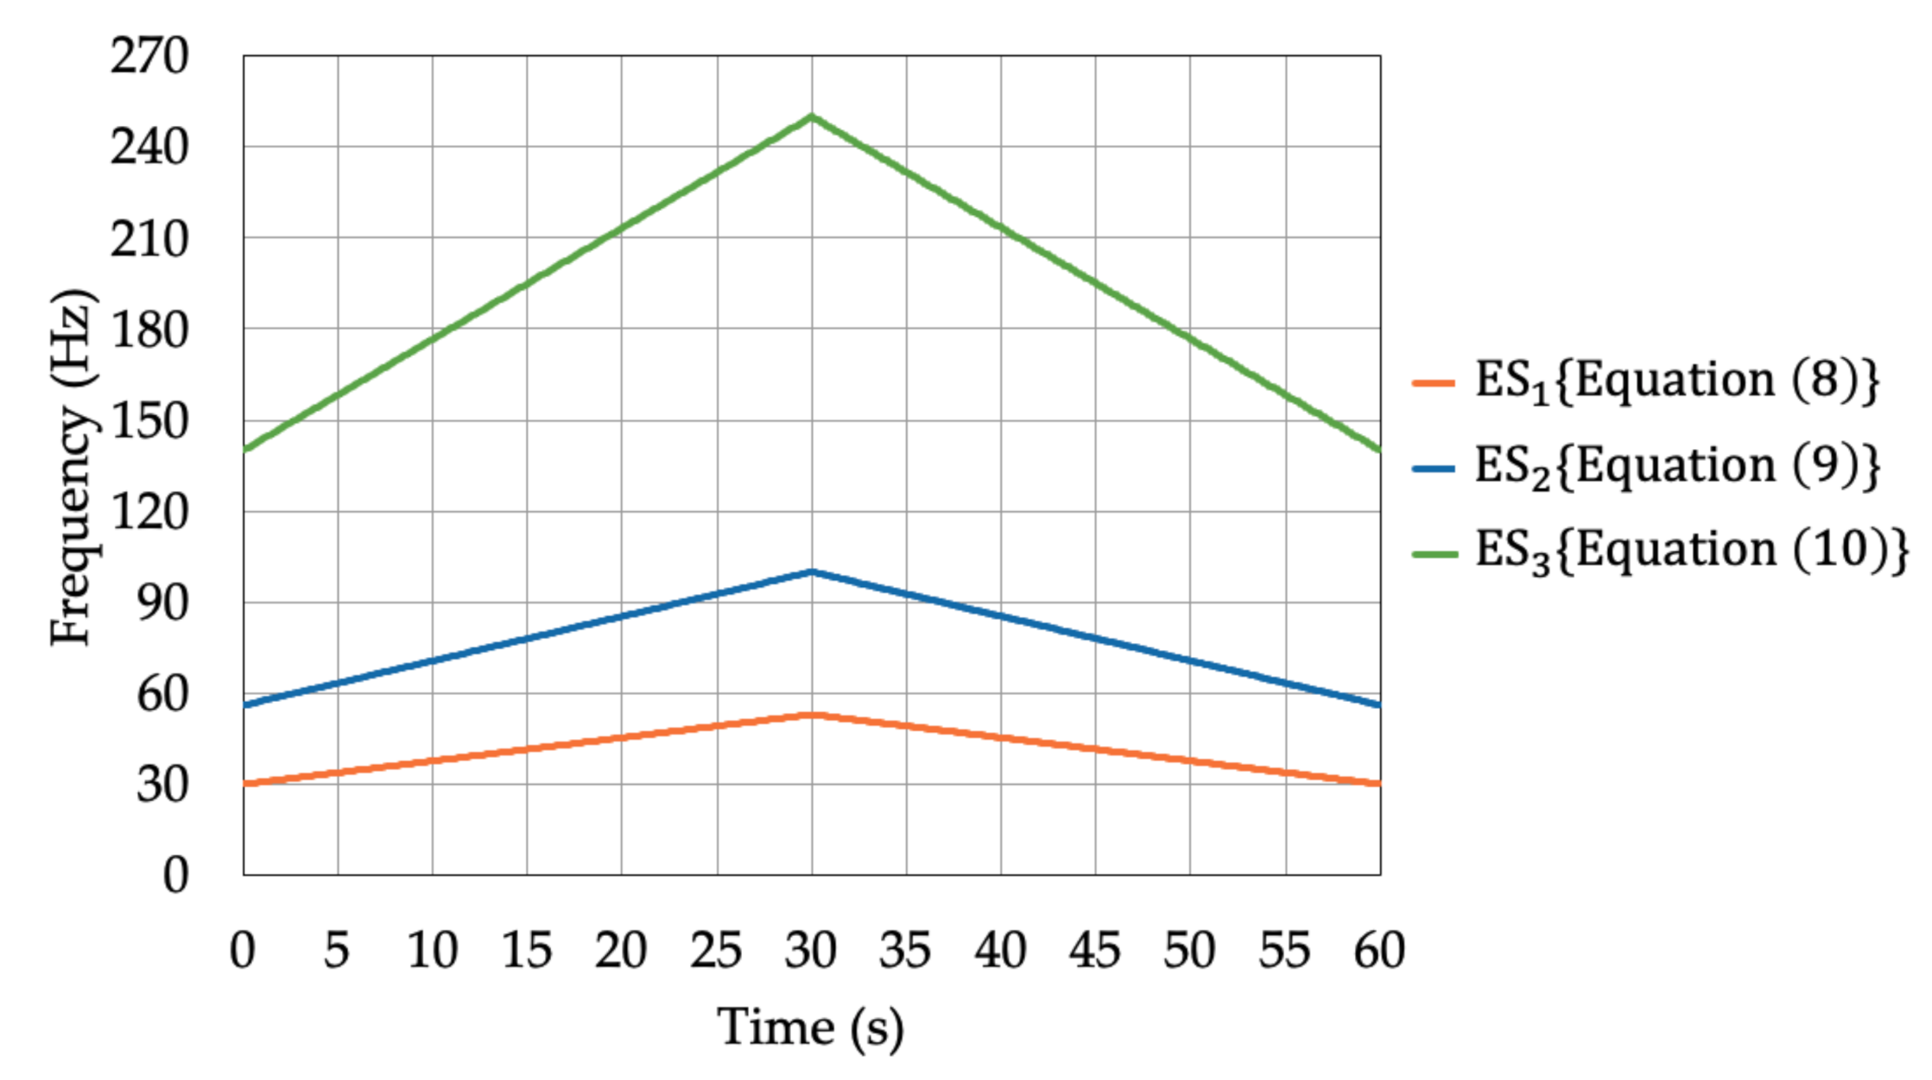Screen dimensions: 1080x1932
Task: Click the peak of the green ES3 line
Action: pos(811,117)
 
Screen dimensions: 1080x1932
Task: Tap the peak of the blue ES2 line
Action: pos(811,572)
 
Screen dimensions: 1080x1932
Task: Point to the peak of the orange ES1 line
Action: pos(811,714)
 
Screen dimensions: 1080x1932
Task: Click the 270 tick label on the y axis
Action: pos(149,57)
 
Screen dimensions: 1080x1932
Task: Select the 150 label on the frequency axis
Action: pos(149,421)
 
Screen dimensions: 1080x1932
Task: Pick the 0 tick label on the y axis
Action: pos(175,875)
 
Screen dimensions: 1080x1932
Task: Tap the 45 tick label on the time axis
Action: pos(1094,951)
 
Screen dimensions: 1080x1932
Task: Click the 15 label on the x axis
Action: pos(526,951)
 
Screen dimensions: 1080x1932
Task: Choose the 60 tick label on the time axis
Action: pos(1379,951)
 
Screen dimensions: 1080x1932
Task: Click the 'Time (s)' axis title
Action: pos(810,1027)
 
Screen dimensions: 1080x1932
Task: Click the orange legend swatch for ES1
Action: pos(1434,382)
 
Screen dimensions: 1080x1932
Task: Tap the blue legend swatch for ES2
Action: pos(1434,468)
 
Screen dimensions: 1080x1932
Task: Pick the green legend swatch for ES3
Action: pos(1434,553)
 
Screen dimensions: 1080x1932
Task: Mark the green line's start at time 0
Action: pos(244,449)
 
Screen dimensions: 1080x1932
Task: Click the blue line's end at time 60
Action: pos(1379,704)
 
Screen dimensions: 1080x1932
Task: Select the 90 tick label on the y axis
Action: pos(162,603)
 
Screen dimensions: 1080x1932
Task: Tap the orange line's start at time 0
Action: pos(244,784)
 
